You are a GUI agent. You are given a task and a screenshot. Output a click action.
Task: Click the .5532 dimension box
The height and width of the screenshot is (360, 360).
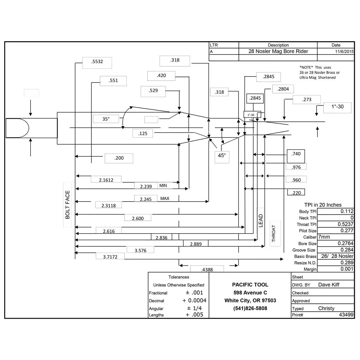pos(97,63)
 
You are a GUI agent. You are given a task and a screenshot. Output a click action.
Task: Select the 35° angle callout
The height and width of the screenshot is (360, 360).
pos(106,119)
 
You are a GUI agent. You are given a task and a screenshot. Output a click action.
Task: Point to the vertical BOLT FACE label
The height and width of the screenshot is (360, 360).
pos(67,205)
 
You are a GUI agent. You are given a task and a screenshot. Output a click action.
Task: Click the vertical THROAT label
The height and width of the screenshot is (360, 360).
pos(274,233)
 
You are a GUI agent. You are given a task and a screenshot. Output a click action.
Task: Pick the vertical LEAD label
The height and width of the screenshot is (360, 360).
pos(261,221)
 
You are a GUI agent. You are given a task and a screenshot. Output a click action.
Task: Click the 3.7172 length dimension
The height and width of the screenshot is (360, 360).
pos(110,257)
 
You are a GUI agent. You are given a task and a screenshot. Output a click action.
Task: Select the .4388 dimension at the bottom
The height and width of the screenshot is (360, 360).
pos(207,269)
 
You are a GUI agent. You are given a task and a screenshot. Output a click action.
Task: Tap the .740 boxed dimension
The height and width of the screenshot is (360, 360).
pos(296,156)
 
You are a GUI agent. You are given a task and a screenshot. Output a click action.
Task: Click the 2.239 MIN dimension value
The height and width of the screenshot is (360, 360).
pos(146,186)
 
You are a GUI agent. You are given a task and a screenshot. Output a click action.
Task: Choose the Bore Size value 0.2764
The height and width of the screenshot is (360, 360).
pos(346,243)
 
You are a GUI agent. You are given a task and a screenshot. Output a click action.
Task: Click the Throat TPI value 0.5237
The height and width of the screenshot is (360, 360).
pos(346,224)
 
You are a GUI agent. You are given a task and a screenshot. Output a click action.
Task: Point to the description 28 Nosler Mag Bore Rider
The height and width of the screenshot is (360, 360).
pos(278,51)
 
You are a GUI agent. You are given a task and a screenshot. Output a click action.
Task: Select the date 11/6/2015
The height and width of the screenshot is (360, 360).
pos(344,51)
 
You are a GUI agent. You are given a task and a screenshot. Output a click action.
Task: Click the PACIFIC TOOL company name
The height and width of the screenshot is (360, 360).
pos(250,285)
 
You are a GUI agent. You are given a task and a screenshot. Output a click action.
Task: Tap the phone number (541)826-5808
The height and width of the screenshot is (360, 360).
pos(250,308)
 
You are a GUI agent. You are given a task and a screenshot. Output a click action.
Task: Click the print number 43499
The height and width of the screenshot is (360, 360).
pos(346,315)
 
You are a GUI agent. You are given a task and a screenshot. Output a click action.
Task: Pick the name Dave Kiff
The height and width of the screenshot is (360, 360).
pos(329,285)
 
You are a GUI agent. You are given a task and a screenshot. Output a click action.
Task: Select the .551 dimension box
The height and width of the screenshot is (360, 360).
pos(113,81)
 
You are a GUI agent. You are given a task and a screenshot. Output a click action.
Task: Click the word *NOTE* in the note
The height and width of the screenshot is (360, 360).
pos(306,67)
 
